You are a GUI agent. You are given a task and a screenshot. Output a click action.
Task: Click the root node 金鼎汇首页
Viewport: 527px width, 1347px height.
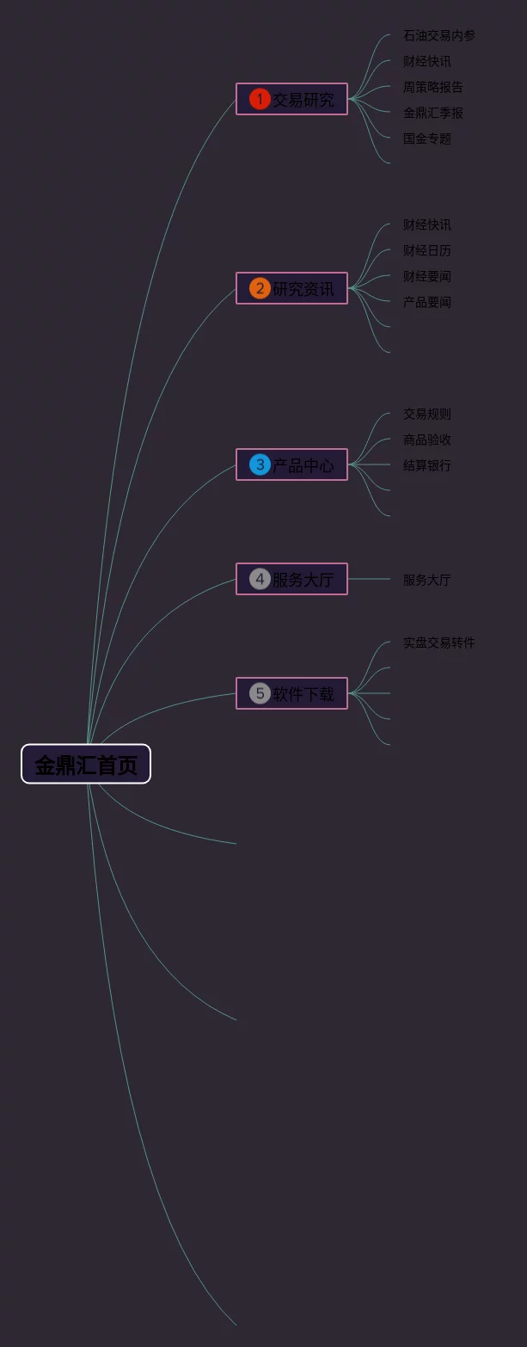[86, 764]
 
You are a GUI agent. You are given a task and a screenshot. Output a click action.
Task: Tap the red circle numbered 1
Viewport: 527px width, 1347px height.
[260, 100]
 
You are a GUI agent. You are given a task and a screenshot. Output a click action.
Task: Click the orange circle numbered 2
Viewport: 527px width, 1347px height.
[260, 288]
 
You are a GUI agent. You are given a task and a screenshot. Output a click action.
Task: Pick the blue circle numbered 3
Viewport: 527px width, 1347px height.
[260, 464]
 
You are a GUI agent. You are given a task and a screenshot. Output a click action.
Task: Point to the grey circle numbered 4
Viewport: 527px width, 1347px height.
[260, 579]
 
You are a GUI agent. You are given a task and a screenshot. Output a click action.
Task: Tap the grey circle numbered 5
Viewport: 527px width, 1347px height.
[260, 693]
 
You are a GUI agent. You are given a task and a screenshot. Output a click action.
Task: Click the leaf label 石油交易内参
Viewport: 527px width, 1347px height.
[438, 35]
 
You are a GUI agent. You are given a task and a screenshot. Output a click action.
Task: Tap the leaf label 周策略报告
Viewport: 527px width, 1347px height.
[432, 87]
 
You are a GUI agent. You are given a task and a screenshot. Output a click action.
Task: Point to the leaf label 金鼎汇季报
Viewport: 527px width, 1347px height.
[432, 113]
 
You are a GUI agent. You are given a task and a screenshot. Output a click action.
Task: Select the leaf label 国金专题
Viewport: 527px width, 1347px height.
[426, 138]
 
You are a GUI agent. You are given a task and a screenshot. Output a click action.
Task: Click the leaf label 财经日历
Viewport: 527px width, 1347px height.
[426, 250]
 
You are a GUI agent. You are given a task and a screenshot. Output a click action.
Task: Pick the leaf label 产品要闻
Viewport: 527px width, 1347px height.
[426, 302]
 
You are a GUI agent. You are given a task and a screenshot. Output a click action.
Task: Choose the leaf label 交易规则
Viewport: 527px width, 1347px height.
[426, 414]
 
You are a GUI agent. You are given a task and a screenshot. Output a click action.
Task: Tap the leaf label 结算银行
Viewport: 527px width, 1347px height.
[426, 465]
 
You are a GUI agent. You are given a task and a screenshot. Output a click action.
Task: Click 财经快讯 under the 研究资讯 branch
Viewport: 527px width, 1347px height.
[426, 224]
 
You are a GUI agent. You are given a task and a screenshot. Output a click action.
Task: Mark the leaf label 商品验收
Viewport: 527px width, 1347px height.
[426, 440]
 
